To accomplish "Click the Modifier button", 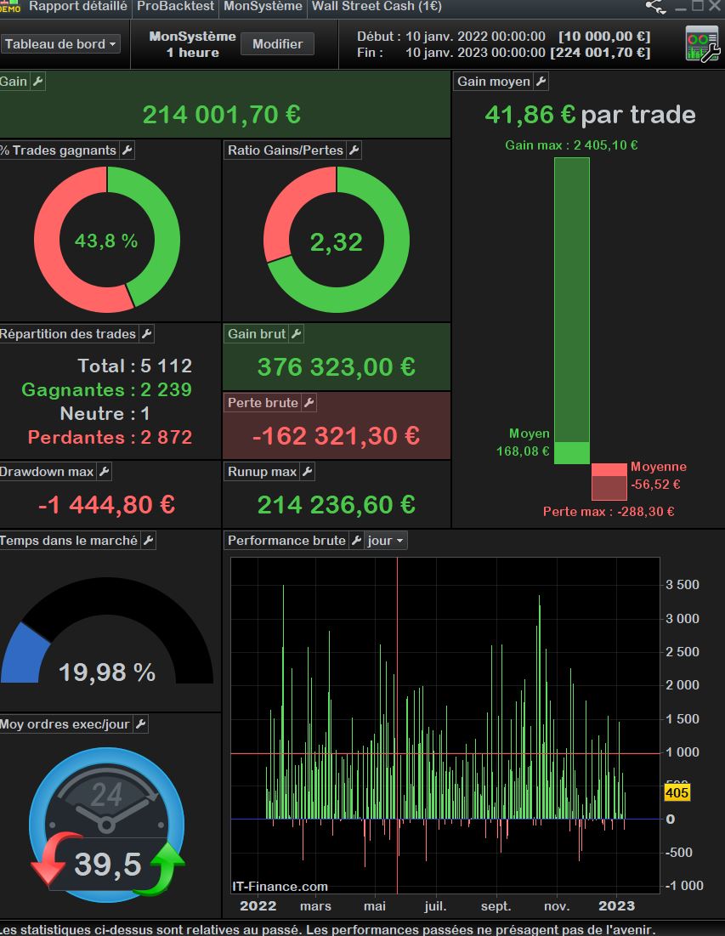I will point(277,43).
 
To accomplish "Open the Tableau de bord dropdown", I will point(61,44).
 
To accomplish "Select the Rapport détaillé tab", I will point(78,6).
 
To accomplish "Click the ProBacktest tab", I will point(177,6).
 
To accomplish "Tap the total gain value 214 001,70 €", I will point(221,115).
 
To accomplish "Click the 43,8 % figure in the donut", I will point(106,241).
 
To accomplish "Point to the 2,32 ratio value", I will point(336,242).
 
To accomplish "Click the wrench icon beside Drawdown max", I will point(104,472).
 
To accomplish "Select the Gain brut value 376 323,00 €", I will point(336,367).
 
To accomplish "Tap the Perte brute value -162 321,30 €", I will point(336,436).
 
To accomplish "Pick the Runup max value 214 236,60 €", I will point(336,505).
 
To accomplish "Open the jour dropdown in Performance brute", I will point(386,541).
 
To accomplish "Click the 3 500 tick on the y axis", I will point(683,585).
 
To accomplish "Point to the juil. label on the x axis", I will point(435,906).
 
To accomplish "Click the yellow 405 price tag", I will point(677,793).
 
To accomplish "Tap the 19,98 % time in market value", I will point(107,673).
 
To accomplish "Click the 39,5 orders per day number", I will point(108,865).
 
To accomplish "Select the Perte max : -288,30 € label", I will point(609,512).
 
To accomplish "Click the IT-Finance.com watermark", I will point(280,887).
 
